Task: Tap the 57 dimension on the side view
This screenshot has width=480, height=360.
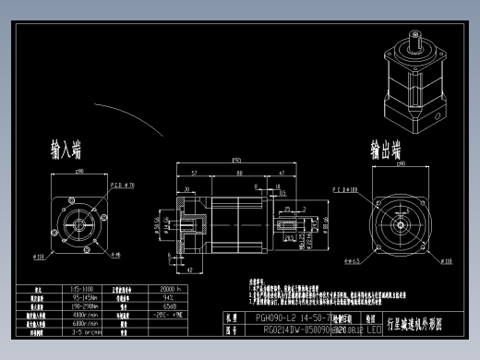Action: pos(195,173)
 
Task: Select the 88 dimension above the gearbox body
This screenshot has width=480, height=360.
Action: pos(239,173)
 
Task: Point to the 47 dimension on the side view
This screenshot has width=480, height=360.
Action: pos(282,173)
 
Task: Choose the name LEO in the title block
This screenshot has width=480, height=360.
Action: pos(373,328)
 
